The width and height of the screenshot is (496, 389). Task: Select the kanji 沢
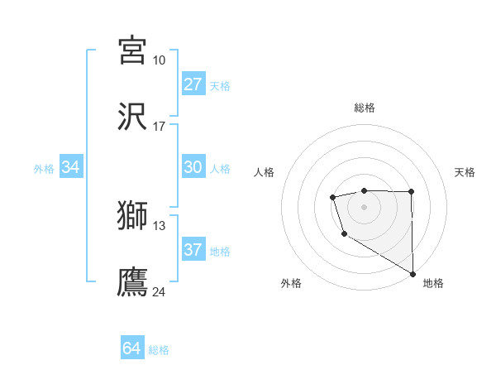pos(132,116)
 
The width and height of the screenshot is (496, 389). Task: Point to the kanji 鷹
pos(132,281)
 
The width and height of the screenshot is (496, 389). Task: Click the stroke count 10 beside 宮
pos(159,60)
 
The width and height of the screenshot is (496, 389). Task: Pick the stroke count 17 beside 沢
pos(159,127)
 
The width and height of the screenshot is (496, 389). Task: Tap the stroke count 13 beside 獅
pos(159,225)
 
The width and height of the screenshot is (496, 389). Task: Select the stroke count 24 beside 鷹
pos(159,291)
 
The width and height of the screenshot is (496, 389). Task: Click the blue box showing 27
pos(193,84)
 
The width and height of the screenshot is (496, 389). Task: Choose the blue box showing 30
pos(193,167)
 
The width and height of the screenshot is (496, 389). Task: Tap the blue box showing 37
pos(193,250)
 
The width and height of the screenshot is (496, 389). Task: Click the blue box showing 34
pos(71,167)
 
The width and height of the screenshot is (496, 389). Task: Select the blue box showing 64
pos(132,348)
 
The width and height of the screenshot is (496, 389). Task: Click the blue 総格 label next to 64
pos(159,350)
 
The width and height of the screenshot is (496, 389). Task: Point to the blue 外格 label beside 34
pos(44,169)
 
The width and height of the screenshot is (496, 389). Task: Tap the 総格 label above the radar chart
pos(364,108)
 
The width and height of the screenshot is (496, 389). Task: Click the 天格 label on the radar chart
pos(465,172)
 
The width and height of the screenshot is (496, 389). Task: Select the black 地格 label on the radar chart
pos(433,283)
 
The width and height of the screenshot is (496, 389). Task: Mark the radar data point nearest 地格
pos(413,274)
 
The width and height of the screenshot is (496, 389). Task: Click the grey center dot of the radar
pos(364,206)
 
